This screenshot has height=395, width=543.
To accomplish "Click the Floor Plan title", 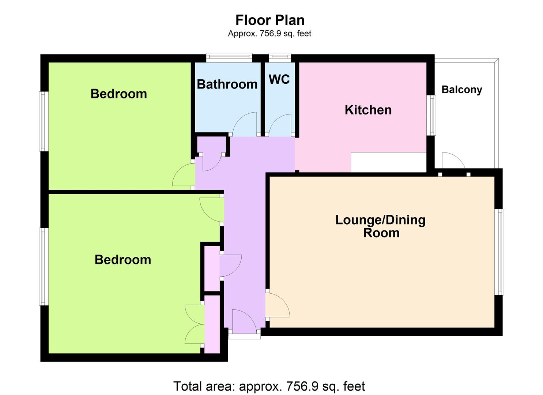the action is point(270,20).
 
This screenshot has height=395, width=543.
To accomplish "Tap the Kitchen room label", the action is point(368,110).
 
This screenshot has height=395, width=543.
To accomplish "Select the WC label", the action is point(279,79).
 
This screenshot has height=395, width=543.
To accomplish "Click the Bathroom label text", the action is point(227,84).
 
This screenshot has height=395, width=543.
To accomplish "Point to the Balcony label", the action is point(462,90).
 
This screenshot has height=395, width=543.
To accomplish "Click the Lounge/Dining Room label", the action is point(381,226).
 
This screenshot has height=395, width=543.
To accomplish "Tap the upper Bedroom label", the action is point(119,94).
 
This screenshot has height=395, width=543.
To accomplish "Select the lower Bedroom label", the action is point(123,260).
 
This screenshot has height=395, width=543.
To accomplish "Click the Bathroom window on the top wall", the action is point(229,57).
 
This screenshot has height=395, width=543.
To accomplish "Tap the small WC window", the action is point(280,57).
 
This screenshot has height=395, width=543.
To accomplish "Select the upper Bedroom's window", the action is point(44,121).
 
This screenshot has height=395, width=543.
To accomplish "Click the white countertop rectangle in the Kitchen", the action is point(388,162).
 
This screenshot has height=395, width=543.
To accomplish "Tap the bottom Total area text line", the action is point(269,386).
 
